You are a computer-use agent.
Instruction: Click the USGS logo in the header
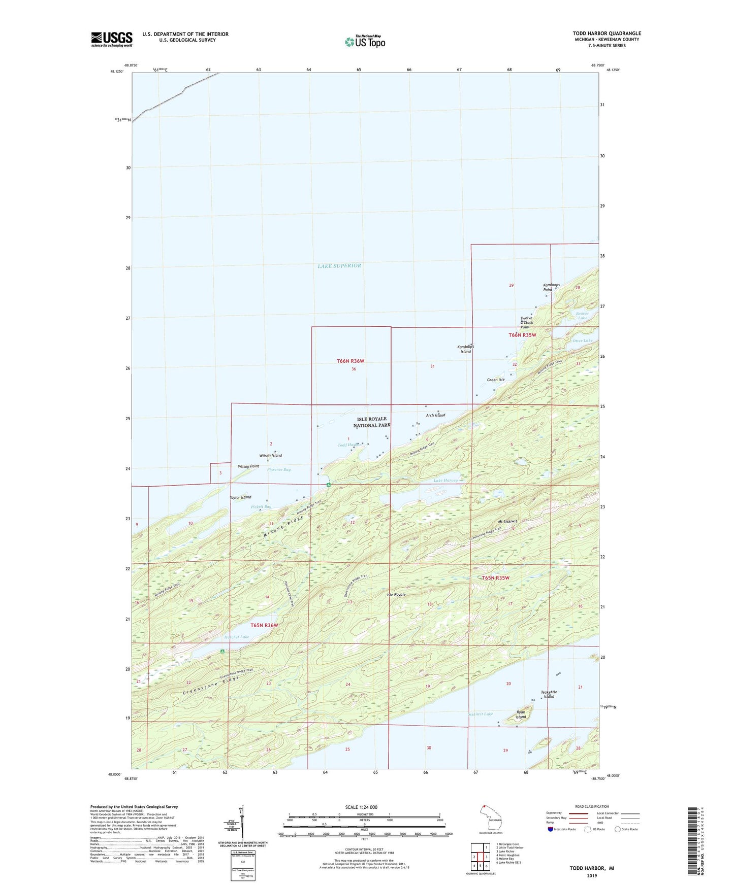112,39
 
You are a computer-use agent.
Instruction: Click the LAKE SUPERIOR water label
339,266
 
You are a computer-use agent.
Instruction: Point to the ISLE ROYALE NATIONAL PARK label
374,422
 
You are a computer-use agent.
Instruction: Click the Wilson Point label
248,466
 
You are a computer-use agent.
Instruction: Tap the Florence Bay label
279,470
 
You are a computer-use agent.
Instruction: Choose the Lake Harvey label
445,480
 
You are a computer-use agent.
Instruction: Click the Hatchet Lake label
237,637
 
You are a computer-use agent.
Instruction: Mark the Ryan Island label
521,714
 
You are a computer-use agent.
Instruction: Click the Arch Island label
435,415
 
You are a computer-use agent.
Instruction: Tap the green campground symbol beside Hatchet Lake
222,652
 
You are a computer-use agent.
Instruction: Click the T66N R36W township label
350,361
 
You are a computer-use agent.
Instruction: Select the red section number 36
354,369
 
